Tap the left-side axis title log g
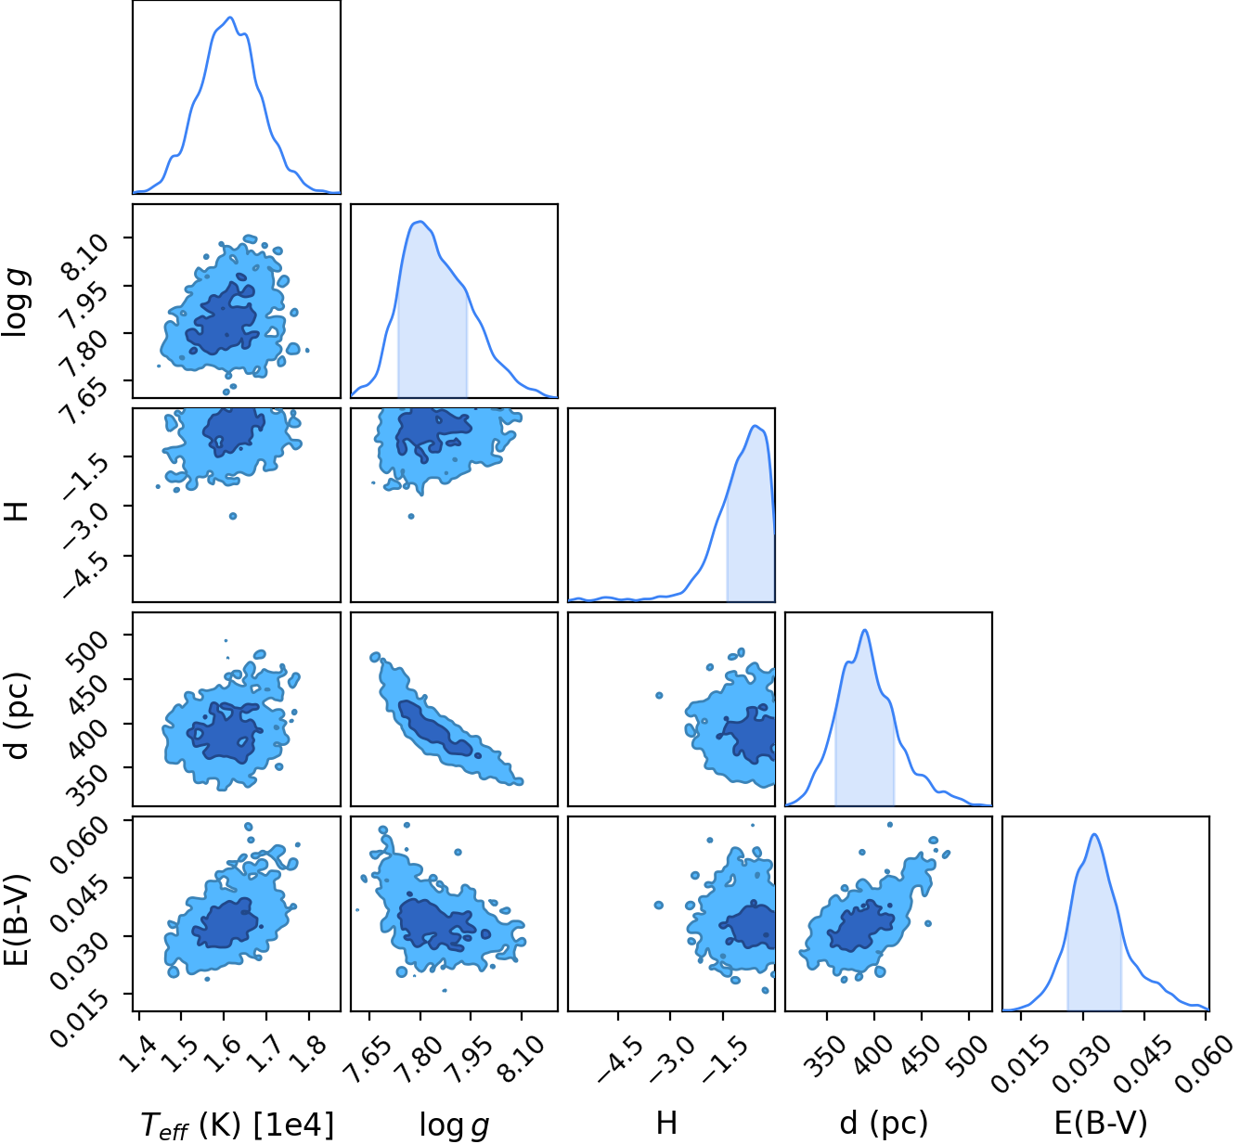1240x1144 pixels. point(16,302)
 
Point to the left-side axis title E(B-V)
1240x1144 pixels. point(16,913)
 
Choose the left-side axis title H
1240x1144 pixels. point(16,510)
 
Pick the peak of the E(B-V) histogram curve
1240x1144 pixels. point(1094,834)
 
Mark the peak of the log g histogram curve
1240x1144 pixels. point(421,222)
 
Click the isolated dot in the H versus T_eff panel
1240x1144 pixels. point(233,516)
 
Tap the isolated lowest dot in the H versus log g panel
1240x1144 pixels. point(411,516)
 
